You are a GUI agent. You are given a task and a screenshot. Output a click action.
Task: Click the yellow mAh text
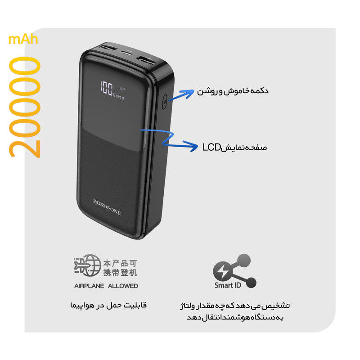[23, 40]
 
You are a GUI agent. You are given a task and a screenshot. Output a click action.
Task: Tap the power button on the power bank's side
[165, 102]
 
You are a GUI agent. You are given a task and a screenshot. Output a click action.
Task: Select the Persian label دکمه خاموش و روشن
[233, 91]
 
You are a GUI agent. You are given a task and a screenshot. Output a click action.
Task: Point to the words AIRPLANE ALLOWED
[106, 286]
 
